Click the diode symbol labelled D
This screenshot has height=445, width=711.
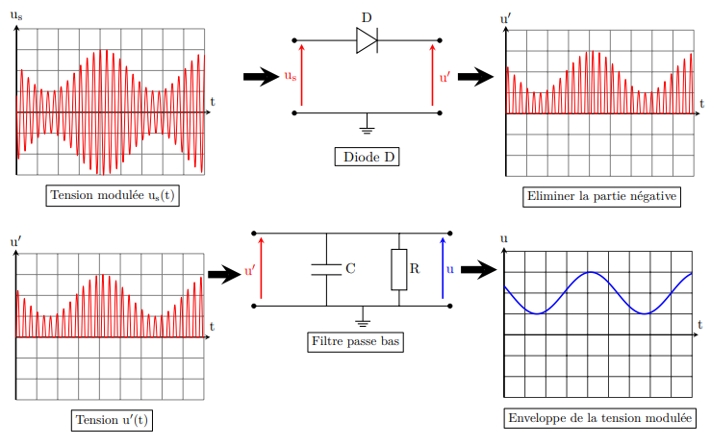pos(367,40)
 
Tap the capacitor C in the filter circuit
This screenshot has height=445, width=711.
pos(326,269)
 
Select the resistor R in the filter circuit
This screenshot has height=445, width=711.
pos(398,269)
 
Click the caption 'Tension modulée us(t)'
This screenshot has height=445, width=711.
pos(114,195)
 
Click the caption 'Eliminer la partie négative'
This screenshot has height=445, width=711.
pos(602,196)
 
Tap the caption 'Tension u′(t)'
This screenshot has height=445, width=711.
pos(114,420)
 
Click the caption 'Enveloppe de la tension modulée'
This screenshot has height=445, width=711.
pos(598,418)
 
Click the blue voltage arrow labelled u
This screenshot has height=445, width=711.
pos(443,269)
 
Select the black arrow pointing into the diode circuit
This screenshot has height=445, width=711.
pos(261,77)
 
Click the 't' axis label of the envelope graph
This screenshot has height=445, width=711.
pos(700,324)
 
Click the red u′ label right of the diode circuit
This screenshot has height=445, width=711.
pos(444,77)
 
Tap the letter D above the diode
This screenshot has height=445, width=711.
pos(367,17)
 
